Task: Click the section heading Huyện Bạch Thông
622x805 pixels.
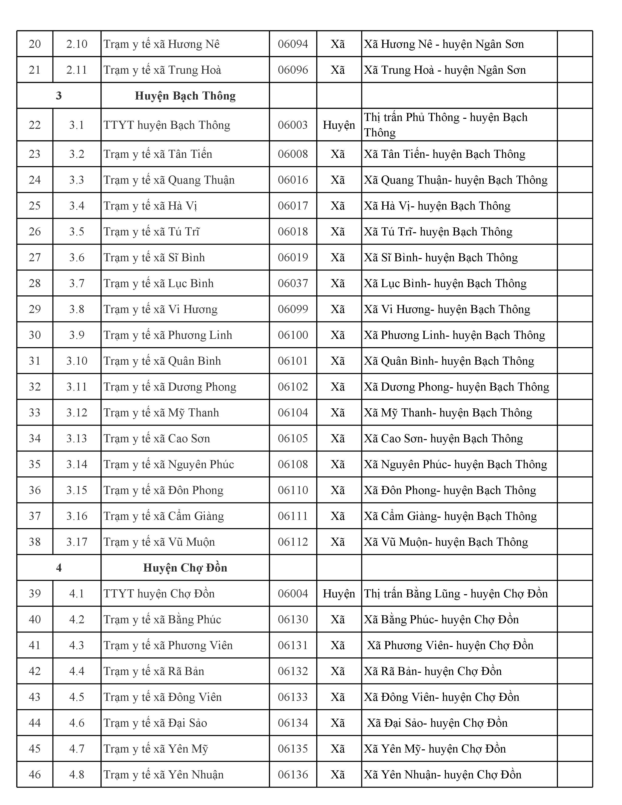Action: (x=185, y=96)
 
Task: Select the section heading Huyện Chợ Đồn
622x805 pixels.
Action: (x=185, y=568)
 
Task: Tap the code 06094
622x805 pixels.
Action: (x=293, y=44)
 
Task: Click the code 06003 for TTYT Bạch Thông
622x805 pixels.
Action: (x=293, y=125)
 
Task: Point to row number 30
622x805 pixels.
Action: (x=35, y=335)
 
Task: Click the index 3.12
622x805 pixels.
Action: (x=77, y=413)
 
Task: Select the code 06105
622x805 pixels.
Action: (x=293, y=438)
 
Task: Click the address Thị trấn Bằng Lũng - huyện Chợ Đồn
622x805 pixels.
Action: (x=456, y=594)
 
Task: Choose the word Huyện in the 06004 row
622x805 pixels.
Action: (x=339, y=594)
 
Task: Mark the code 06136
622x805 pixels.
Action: (x=293, y=775)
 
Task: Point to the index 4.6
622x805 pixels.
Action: (x=77, y=723)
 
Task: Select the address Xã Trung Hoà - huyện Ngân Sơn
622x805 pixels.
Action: (x=445, y=70)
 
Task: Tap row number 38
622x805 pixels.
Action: (x=35, y=542)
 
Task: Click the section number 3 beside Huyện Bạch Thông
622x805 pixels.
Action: (x=59, y=96)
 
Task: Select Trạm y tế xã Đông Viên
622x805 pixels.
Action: (x=162, y=697)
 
